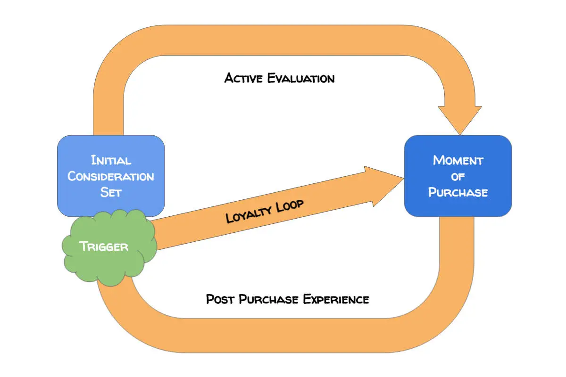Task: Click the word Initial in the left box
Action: [x=111, y=160]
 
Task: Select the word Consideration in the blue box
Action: [x=111, y=176]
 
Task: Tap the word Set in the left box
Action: [x=111, y=192]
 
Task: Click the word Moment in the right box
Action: [x=458, y=160]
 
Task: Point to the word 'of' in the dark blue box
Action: [x=458, y=177]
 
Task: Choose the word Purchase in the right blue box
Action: [x=458, y=192]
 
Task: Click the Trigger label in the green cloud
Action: [x=104, y=246]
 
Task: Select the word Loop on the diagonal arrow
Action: [x=287, y=205]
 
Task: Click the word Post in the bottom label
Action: [x=220, y=299]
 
